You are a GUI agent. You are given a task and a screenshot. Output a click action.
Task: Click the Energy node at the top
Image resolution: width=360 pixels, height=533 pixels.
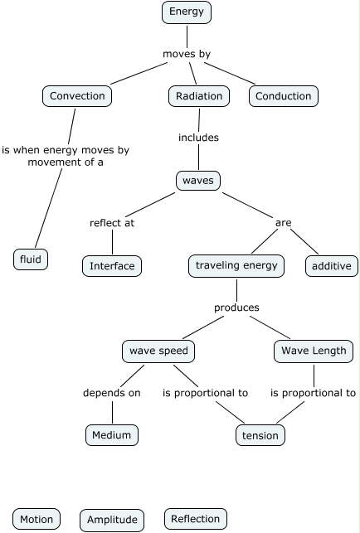[x=187, y=12]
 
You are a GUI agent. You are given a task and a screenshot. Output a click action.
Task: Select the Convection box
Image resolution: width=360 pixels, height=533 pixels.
[x=77, y=96]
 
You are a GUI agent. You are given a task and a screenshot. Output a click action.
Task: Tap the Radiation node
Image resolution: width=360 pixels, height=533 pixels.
[x=199, y=96]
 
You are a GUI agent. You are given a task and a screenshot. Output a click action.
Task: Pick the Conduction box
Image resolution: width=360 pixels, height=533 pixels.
[x=284, y=96]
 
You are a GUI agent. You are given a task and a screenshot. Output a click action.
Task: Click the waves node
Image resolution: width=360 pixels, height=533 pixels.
[x=198, y=181]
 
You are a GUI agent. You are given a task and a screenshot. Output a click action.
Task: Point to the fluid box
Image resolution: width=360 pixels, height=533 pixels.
[x=31, y=259]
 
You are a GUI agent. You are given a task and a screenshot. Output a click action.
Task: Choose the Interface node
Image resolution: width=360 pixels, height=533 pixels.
[x=112, y=266]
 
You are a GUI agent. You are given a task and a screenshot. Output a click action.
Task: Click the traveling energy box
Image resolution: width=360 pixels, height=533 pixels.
[x=236, y=266]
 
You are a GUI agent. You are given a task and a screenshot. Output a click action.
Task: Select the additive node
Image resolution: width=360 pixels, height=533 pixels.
[x=332, y=266]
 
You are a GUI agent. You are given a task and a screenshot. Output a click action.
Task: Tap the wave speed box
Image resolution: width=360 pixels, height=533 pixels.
[x=158, y=351]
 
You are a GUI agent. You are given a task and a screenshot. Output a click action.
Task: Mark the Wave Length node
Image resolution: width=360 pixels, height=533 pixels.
[x=314, y=351]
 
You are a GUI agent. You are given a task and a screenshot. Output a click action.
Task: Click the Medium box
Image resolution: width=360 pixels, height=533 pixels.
[x=112, y=435]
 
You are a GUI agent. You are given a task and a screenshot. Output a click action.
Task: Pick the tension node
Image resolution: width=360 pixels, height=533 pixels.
[x=260, y=435]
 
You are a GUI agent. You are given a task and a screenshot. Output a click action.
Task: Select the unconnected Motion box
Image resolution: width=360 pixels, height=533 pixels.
[x=36, y=519]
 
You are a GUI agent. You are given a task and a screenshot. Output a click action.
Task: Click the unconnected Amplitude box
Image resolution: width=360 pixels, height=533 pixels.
[x=112, y=520]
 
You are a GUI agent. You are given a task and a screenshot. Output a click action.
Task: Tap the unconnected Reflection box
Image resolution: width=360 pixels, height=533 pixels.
[x=195, y=519]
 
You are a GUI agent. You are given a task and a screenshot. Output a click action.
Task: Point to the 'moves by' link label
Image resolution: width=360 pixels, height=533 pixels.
[x=187, y=54]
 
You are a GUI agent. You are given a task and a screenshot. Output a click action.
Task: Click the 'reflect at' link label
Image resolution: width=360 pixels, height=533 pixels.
[x=112, y=223]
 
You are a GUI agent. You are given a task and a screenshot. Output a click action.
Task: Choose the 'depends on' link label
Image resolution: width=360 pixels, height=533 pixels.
[x=112, y=393]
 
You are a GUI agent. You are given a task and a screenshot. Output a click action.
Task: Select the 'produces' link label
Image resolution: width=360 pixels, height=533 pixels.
[x=236, y=308]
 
